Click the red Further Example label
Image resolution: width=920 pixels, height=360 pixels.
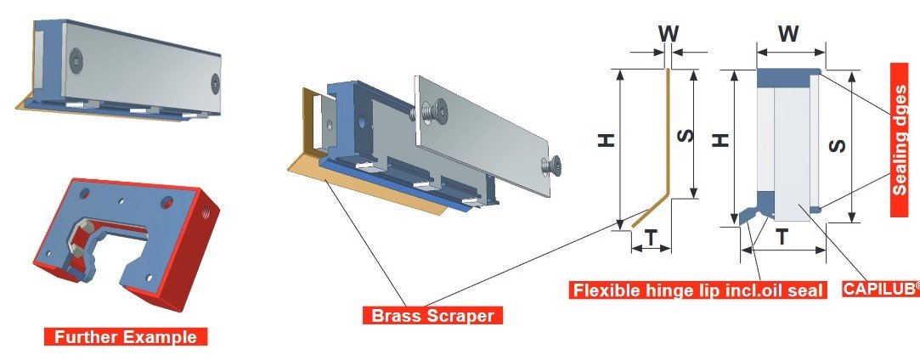[126, 336]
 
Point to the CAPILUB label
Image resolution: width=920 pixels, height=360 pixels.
[881, 289]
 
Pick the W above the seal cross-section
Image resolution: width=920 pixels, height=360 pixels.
[787, 34]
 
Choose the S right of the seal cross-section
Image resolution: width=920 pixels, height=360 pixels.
[837, 146]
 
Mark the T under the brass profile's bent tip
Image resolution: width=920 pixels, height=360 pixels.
[651, 240]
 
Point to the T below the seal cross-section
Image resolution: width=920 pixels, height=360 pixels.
[782, 240]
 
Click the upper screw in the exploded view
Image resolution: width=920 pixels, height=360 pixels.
[439, 110]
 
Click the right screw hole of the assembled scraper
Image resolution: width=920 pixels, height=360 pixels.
[215, 83]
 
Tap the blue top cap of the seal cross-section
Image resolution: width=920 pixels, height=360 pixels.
[787, 77]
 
